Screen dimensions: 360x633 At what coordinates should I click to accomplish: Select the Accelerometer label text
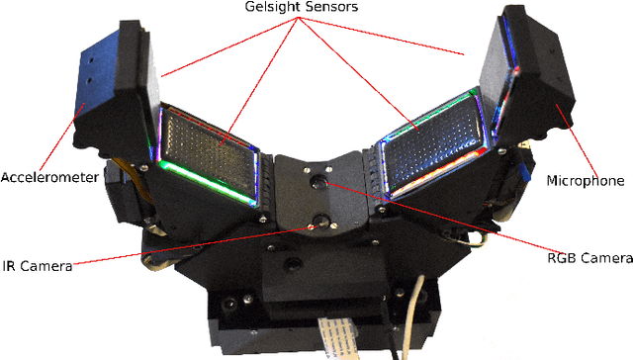pos(48,178)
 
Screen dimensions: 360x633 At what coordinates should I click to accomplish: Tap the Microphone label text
pos(586,181)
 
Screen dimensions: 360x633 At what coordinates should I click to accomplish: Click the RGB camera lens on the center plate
pos(320,182)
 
